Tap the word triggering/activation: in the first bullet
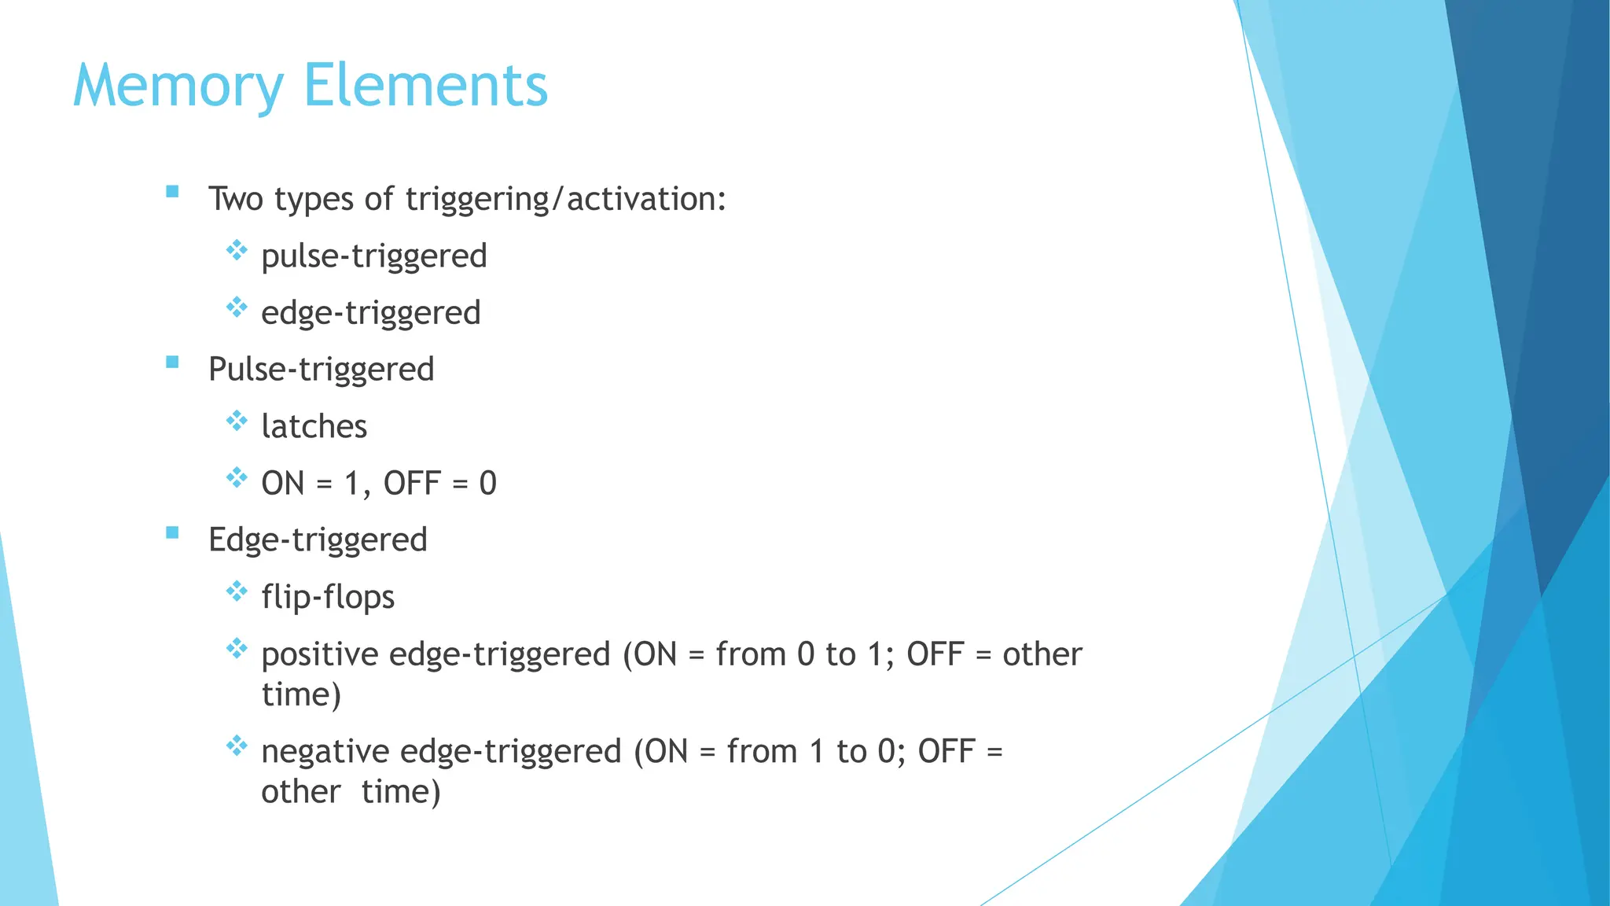[x=566, y=198]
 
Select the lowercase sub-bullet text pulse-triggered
[x=374, y=256]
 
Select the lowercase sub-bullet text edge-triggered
[x=371, y=313]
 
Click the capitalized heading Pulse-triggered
[x=321, y=369]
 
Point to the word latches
[x=314, y=426]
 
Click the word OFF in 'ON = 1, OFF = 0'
[x=411, y=483]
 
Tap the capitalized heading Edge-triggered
[x=318, y=540]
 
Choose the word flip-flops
[x=328, y=597]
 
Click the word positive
[x=318, y=654]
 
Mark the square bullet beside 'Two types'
[x=172, y=191]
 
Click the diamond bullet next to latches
[x=237, y=421]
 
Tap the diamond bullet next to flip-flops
[x=237, y=591]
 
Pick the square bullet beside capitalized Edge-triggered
[x=172, y=532]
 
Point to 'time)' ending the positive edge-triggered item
[x=301, y=694]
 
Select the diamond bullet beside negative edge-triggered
[x=237, y=745]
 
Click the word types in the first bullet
[x=313, y=200]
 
